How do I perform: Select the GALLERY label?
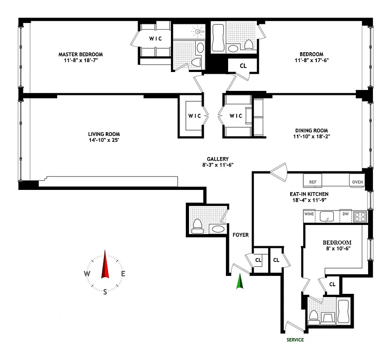(218, 159)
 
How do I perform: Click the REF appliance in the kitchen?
(313, 182)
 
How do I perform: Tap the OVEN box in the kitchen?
(357, 182)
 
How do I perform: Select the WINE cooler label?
(309, 214)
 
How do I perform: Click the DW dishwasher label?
(346, 214)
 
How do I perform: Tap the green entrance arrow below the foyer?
(240, 282)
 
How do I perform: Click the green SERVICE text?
(295, 340)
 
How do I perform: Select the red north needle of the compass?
(105, 265)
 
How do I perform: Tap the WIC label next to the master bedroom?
(156, 38)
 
